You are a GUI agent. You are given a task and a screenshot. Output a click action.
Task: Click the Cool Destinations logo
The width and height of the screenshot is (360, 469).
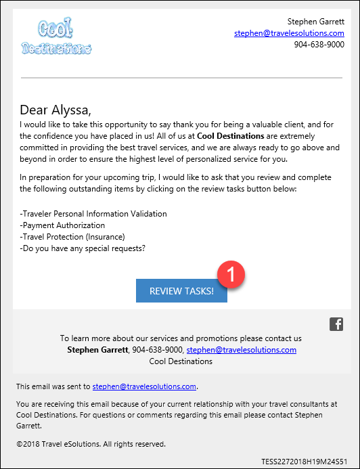tap(56, 38)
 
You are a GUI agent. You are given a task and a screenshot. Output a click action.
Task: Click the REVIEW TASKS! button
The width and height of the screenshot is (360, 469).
tap(181, 291)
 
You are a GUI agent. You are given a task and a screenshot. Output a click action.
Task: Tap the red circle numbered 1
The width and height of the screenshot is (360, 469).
tap(231, 274)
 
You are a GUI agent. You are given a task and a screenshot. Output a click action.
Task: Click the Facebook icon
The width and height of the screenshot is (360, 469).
tap(336, 324)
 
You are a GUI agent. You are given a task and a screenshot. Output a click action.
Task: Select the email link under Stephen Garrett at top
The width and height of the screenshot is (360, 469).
tap(289, 33)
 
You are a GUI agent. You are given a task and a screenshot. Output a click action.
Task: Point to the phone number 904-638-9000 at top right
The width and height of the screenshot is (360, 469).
tap(319, 45)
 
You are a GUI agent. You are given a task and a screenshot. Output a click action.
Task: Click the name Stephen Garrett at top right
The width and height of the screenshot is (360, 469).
tap(315, 22)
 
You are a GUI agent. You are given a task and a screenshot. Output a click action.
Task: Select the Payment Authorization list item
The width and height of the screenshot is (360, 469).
tap(63, 225)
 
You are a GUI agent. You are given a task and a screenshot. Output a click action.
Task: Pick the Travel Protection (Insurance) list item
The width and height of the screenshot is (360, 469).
tap(72, 237)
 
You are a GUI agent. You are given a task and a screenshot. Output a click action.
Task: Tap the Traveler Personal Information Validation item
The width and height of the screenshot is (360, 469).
tap(93, 214)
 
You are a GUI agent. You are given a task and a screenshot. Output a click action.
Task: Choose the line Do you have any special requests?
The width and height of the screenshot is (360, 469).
tap(83, 248)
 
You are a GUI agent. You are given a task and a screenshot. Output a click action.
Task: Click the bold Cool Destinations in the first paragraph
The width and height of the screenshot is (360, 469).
tap(231, 136)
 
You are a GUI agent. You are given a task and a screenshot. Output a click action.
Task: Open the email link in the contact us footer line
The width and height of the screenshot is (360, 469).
tap(241, 350)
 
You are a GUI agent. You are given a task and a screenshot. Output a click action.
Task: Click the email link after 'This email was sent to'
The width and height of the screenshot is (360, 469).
tap(144, 386)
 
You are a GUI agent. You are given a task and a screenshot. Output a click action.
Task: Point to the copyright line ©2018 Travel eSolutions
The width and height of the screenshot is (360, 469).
tap(91, 444)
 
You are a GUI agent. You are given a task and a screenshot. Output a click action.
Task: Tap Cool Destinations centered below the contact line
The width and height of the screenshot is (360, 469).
tap(181, 361)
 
